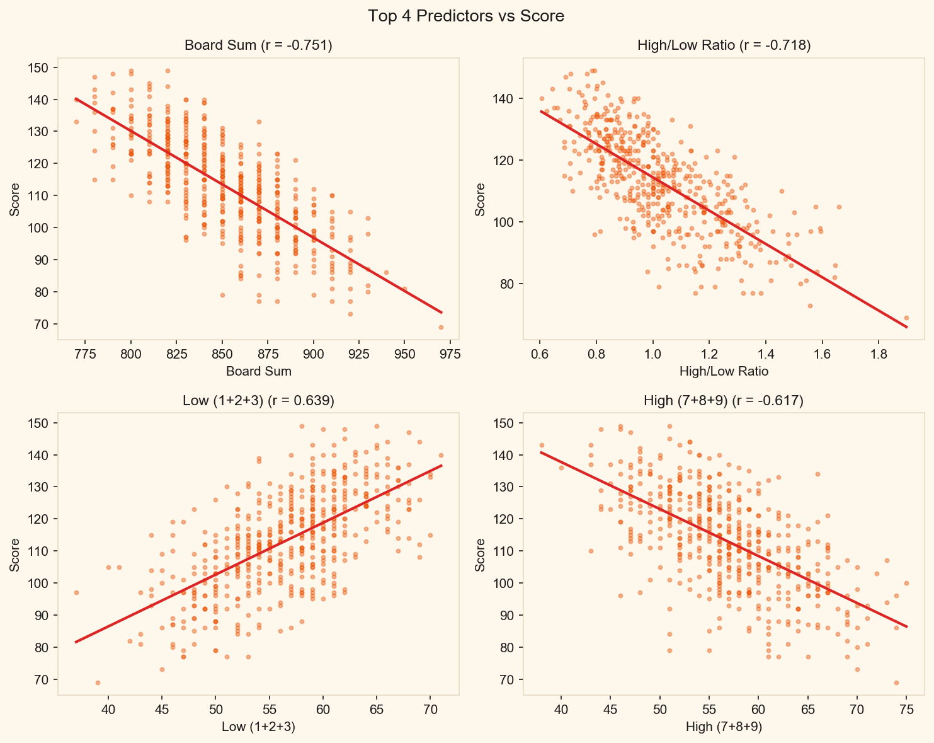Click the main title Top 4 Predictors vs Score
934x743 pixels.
466,16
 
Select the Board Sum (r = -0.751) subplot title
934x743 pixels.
258,45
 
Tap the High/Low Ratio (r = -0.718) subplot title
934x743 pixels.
724,45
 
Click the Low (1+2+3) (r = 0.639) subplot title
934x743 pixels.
258,401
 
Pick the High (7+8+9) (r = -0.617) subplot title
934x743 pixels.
724,401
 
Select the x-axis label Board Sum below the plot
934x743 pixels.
258,372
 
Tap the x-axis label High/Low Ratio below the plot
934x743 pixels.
724,372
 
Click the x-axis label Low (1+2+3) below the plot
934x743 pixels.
258,727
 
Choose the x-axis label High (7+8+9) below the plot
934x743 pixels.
724,727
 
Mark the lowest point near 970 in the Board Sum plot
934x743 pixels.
441,327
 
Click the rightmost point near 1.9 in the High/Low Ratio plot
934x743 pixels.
906,318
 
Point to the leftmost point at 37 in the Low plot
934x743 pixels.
76,592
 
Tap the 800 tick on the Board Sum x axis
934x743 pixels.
131,353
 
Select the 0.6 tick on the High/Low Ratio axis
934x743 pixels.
540,353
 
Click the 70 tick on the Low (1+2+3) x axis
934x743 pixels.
430,708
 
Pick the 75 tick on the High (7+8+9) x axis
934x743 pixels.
906,708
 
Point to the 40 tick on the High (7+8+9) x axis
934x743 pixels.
561,708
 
